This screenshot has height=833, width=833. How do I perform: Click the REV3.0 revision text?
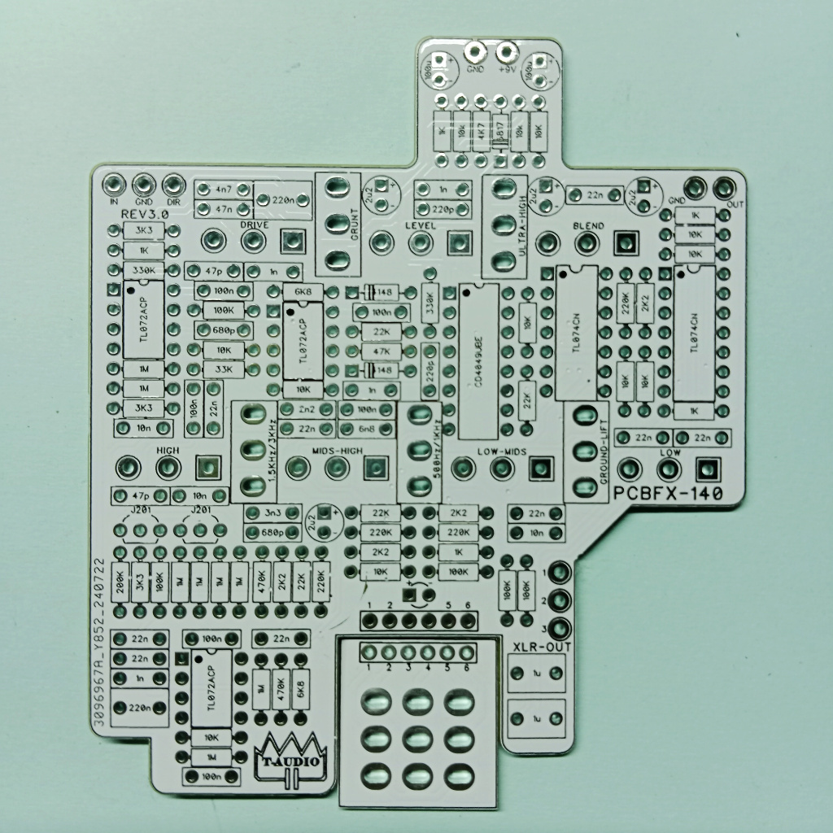click(144, 212)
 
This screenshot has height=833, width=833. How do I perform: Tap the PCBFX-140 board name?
click(669, 493)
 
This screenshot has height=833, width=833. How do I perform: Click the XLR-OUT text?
click(543, 648)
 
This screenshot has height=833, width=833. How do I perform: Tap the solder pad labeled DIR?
click(172, 185)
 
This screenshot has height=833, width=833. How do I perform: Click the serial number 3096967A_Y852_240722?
click(99, 639)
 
